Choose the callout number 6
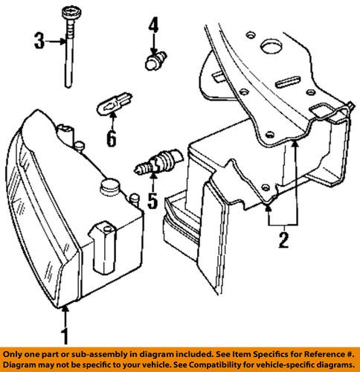coord(112,138)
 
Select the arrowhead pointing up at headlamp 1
coord(65,311)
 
